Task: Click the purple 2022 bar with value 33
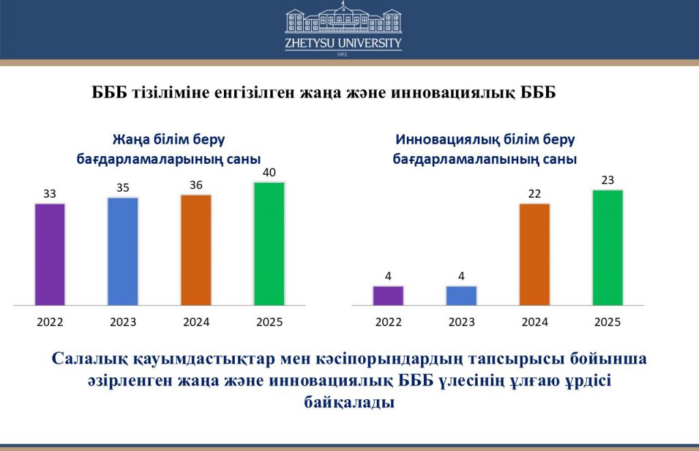(x=50, y=254)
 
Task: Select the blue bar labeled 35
(x=123, y=251)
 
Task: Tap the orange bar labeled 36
(x=196, y=250)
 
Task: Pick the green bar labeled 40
(x=269, y=244)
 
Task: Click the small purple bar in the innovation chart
(x=388, y=296)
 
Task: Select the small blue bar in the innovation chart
(x=461, y=296)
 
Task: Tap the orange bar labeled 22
(x=534, y=254)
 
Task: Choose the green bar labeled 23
(x=608, y=248)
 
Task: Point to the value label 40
(x=269, y=173)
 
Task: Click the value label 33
(x=49, y=194)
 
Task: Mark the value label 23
(x=608, y=180)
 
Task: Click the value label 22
(x=534, y=194)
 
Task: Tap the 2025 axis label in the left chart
(x=269, y=322)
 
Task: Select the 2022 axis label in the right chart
(x=388, y=322)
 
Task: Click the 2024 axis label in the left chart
(x=196, y=322)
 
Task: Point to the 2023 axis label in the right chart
(x=461, y=322)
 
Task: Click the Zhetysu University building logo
(x=343, y=18)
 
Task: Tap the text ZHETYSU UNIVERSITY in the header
(x=343, y=43)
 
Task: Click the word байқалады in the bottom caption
(x=349, y=403)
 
